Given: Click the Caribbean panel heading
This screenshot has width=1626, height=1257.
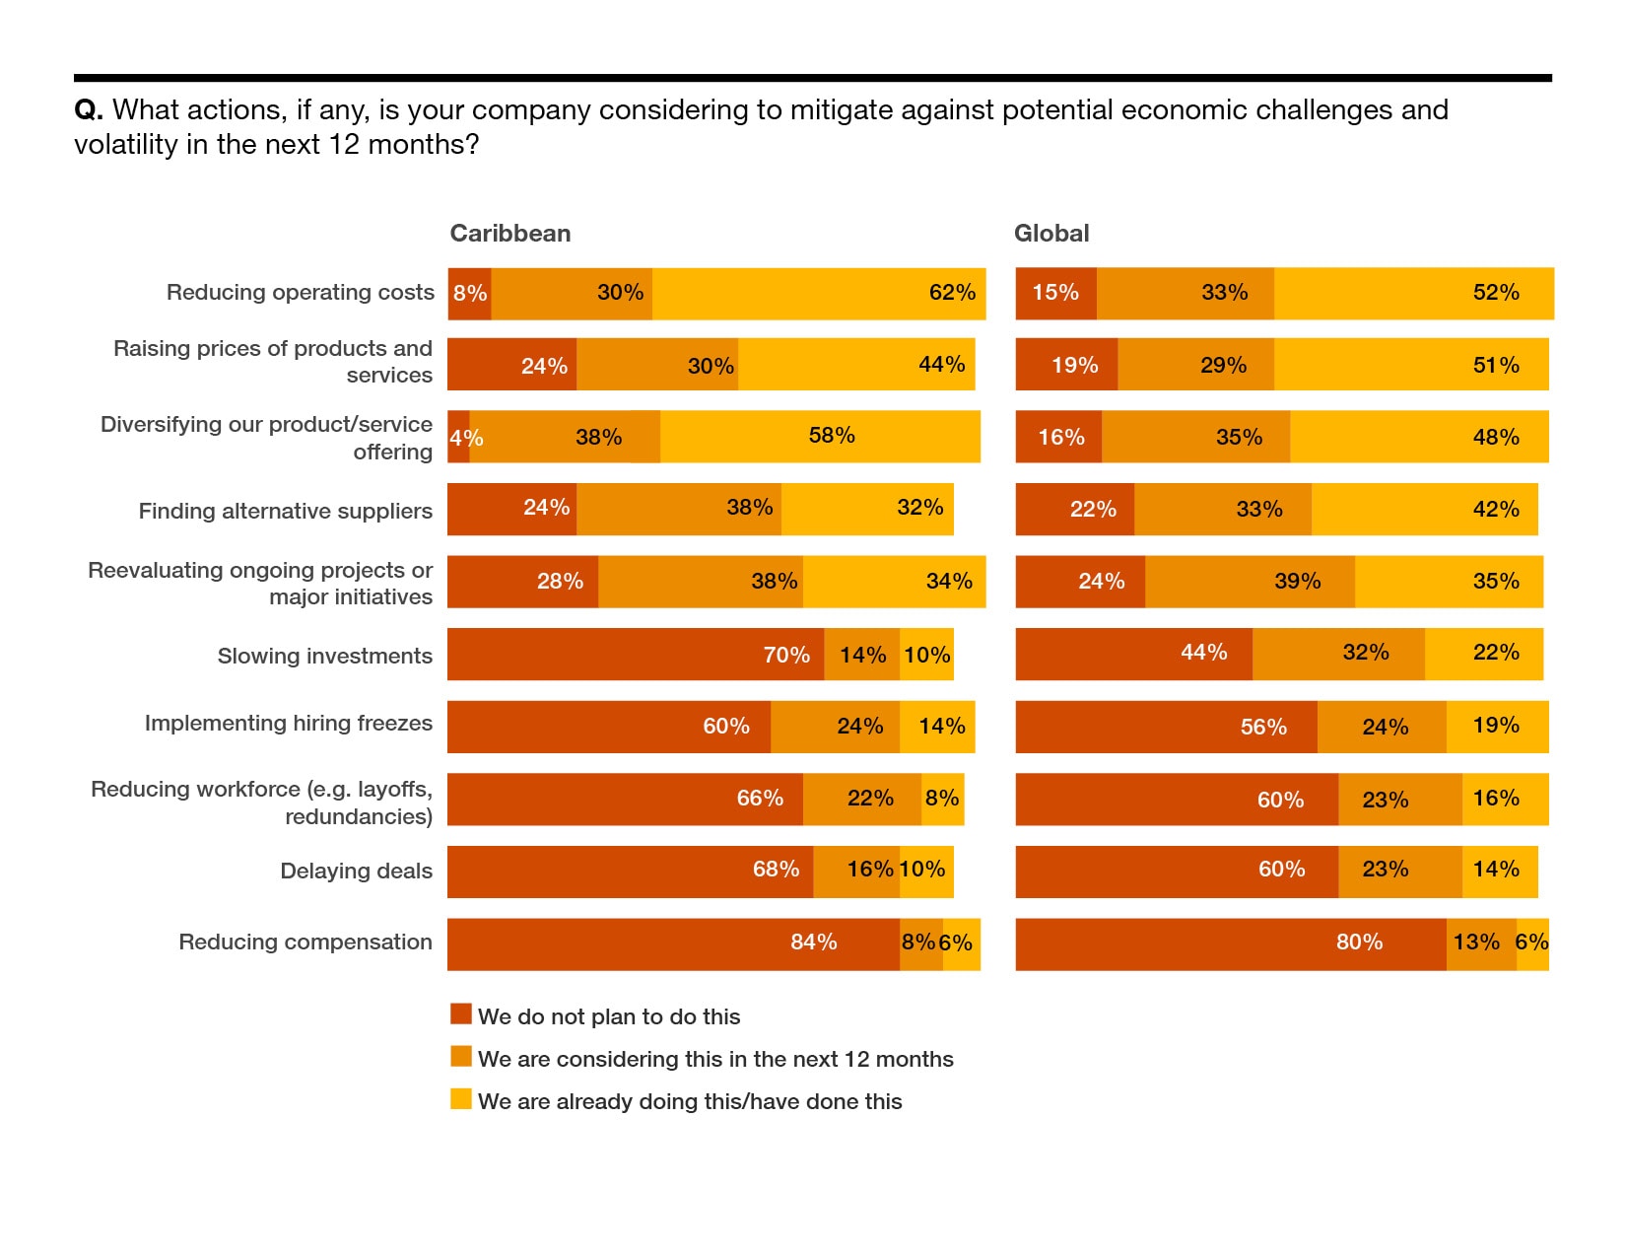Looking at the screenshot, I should pyautogui.click(x=509, y=234).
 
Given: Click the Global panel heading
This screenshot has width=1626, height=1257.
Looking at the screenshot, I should pyautogui.click(x=1051, y=234).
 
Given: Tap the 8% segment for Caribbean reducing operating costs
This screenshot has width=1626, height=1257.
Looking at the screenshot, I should pyautogui.click(x=469, y=294).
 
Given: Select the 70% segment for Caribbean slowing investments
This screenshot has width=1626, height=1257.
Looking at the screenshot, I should pyautogui.click(x=636, y=655).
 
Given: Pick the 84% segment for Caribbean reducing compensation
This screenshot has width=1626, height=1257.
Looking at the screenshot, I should pyautogui.click(x=673, y=943).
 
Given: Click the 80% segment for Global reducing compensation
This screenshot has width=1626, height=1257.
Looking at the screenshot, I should pyautogui.click(x=1231, y=943).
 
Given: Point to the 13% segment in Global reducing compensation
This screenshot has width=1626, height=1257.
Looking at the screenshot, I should pyautogui.click(x=1480, y=943).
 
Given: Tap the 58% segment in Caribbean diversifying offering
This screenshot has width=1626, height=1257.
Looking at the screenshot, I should pyautogui.click(x=820, y=437).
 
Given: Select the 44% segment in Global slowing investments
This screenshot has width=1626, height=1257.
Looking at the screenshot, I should pyautogui.click(x=1133, y=655).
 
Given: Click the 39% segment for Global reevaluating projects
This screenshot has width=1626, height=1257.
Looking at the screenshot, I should pyautogui.click(x=1250, y=582).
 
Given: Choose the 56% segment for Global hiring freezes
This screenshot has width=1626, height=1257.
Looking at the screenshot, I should pyautogui.click(x=1166, y=727).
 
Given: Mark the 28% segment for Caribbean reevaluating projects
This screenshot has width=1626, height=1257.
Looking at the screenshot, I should pyautogui.click(x=522, y=582).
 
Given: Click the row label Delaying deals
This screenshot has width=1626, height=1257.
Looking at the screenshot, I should pyautogui.click(x=356, y=872).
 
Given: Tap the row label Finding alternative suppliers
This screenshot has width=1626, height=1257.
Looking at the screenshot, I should pyautogui.click(x=285, y=511).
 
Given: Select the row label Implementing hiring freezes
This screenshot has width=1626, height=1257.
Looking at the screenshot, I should pyautogui.click(x=288, y=724).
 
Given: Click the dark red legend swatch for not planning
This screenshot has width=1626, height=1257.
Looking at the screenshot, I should pyautogui.click(x=461, y=1014).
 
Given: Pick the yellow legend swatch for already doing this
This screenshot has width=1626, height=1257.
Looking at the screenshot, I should pyautogui.click(x=461, y=1099).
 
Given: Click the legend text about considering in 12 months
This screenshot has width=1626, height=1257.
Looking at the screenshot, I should pyautogui.click(x=715, y=1059).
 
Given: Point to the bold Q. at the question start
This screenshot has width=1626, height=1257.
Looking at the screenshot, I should pyautogui.click(x=89, y=109).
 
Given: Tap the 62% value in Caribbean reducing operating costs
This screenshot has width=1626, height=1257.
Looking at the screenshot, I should pyautogui.click(x=952, y=293).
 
